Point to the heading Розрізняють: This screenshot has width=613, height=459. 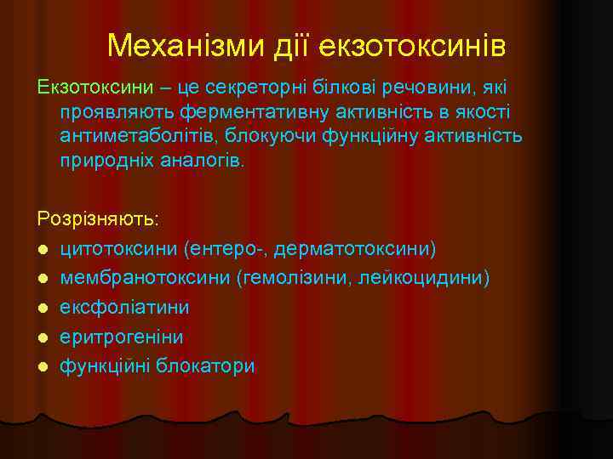click(x=98, y=218)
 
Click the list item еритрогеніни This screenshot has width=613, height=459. click(x=122, y=337)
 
